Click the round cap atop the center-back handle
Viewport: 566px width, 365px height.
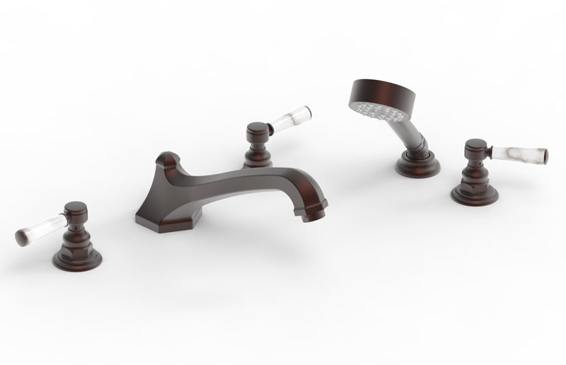[255, 129]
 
